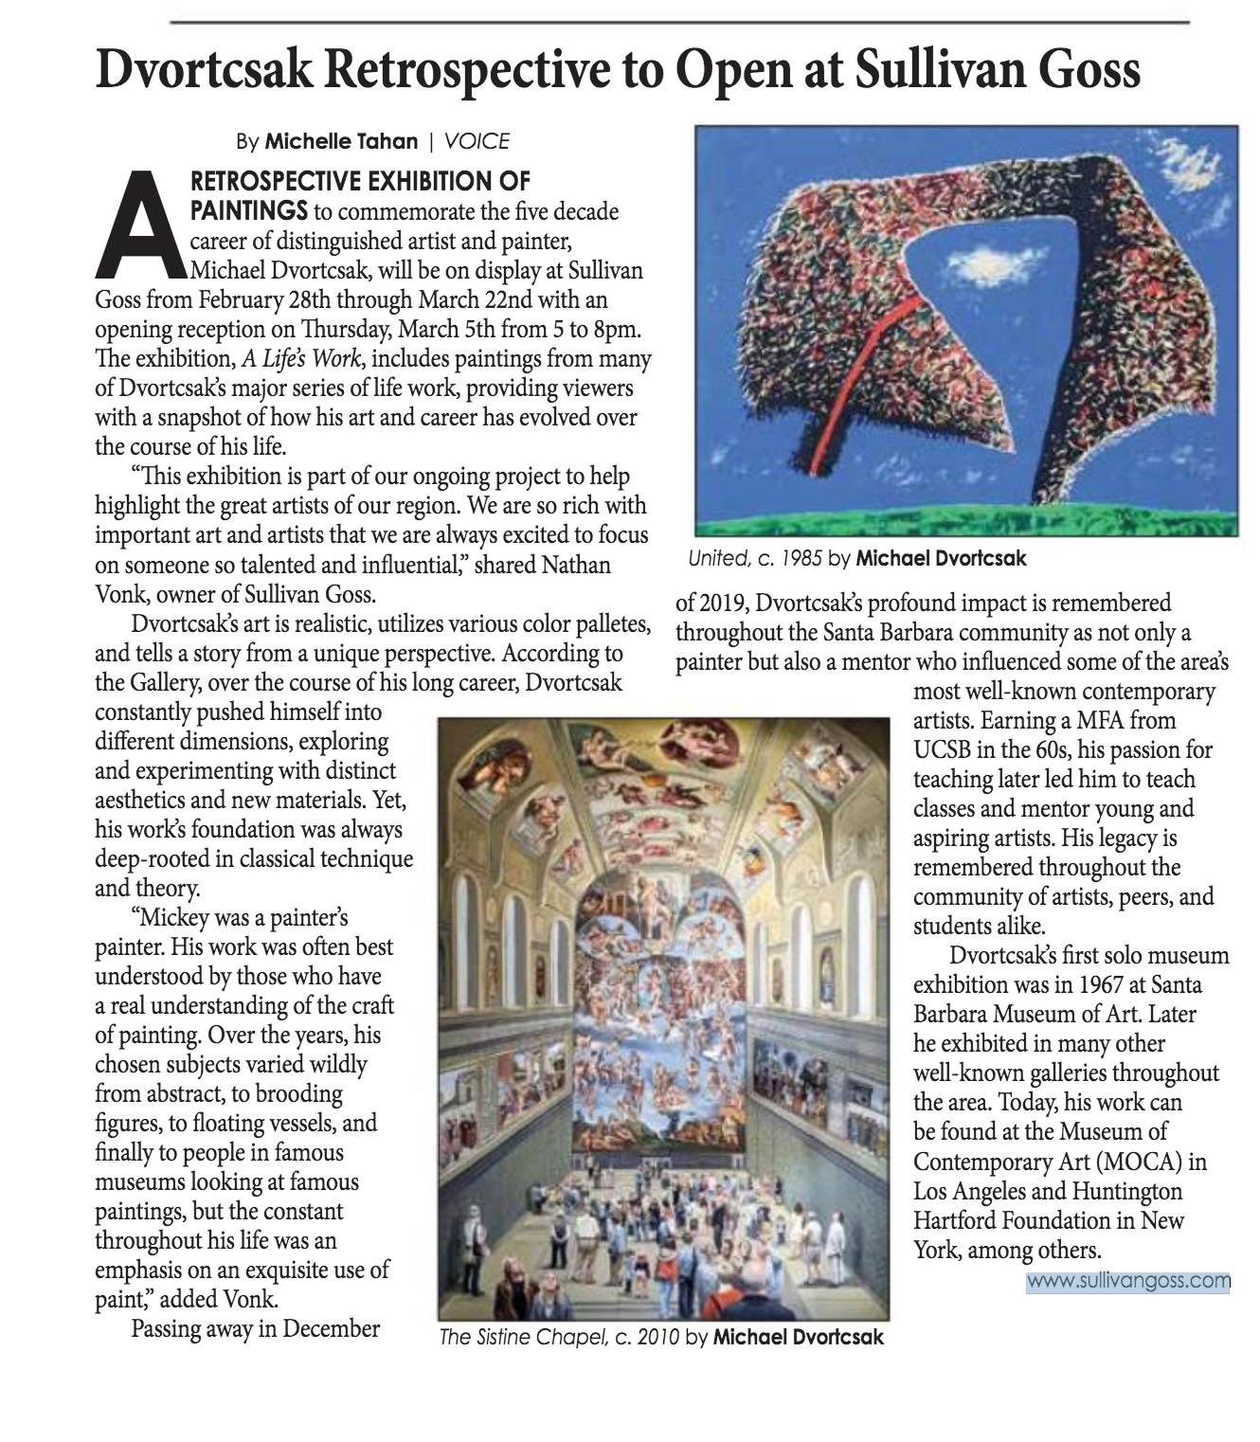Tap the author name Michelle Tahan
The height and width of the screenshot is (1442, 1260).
pos(341,141)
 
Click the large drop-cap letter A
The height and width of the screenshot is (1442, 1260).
pos(142,224)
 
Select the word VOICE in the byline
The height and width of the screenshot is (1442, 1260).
pos(477,141)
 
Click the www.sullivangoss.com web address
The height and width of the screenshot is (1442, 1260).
pos(1127,1281)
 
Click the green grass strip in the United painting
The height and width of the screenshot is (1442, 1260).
pos(966,522)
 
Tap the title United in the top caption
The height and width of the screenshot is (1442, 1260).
pos(717,559)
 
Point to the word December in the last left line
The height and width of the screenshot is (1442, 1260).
pos(332,1328)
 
